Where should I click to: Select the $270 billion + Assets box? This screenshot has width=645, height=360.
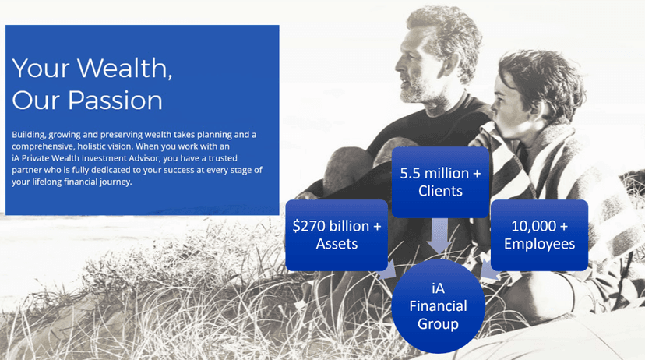[x=337, y=235]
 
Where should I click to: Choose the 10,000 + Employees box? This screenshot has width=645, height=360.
[x=539, y=235]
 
